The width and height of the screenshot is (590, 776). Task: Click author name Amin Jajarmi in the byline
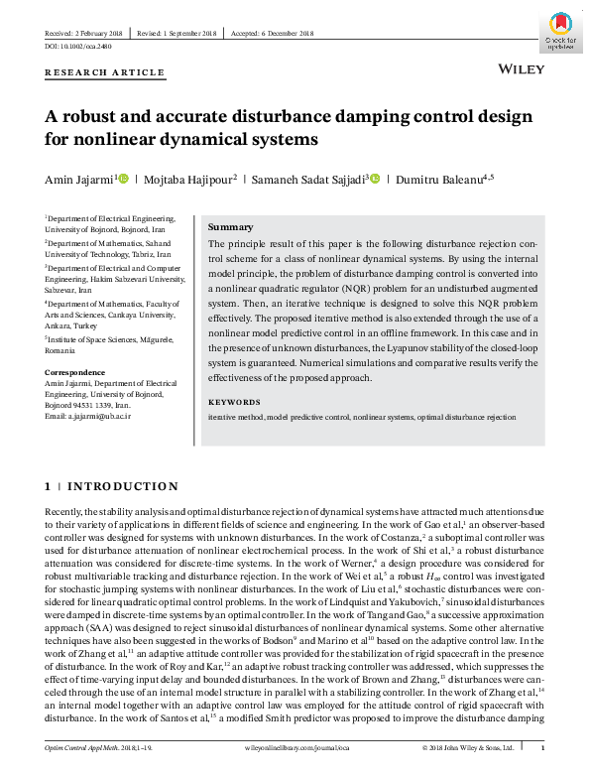point(78,180)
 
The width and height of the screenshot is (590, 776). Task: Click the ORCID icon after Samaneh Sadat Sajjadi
point(374,179)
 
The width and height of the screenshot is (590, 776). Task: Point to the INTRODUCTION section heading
point(122,486)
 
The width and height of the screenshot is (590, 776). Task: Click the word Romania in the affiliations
point(60,351)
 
